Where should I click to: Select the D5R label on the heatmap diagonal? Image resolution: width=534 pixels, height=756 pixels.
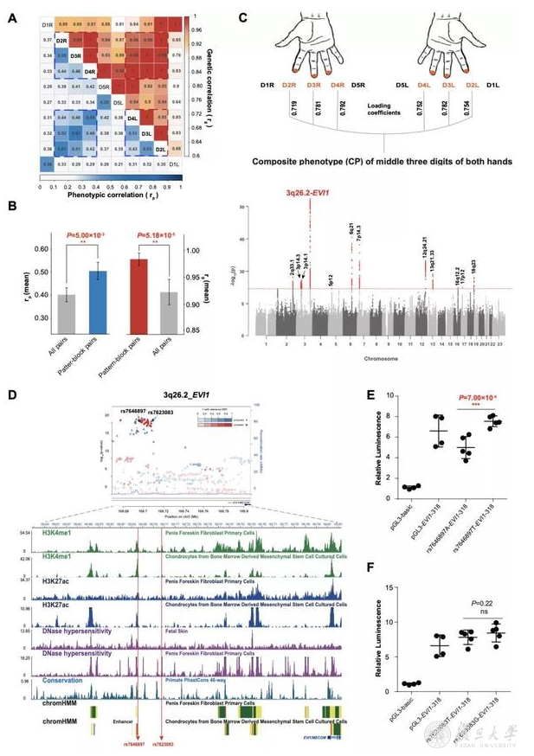point(104,88)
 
